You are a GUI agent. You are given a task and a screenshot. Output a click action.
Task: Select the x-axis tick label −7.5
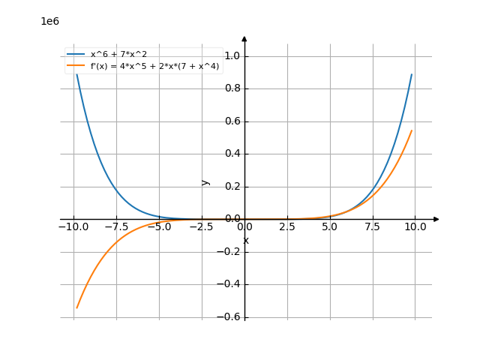[x=116, y=226]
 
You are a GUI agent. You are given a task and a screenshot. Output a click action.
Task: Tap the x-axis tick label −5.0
[x=159, y=226]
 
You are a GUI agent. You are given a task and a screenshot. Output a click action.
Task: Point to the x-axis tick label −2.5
[x=202, y=226]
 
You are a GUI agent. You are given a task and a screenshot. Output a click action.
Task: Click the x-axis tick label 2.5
[x=287, y=226]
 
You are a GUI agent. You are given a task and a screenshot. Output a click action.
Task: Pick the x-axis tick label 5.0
[x=330, y=226]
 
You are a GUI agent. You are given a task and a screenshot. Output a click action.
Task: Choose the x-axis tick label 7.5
[x=373, y=226]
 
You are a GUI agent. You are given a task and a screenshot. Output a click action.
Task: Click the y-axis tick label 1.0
[x=232, y=55]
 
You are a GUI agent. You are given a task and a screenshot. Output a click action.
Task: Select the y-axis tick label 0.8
[x=232, y=88]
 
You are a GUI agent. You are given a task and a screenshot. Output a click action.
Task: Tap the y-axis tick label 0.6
[x=232, y=121]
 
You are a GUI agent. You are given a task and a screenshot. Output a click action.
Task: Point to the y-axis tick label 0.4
[x=232, y=154]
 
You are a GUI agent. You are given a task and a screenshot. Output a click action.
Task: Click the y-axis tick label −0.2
[x=229, y=251]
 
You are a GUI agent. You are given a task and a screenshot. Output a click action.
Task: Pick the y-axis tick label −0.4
[x=229, y=284]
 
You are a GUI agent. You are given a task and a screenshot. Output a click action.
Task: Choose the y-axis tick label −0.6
[x=229, y=316]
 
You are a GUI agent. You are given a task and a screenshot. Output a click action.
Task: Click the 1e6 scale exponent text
[x=49, y=21]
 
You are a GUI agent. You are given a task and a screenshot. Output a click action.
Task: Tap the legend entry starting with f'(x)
[x=154, y=66]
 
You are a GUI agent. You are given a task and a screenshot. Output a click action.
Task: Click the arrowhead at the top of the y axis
[x=244, y=38]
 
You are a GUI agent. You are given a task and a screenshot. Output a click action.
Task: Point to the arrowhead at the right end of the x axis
[x=436, y=219]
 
